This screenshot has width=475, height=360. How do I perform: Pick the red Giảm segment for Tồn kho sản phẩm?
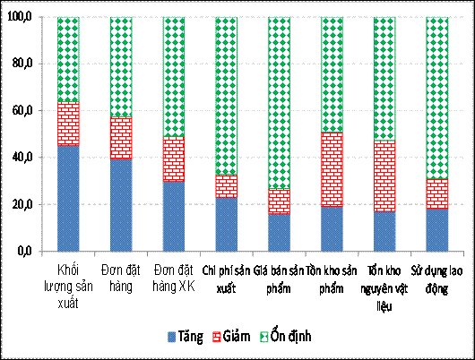click(332, 169)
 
